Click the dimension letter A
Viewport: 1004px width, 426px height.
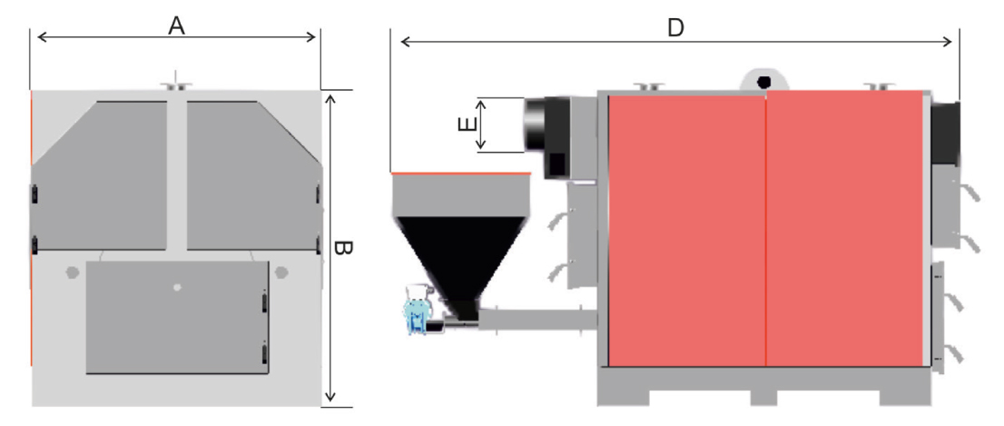tap(176, 25)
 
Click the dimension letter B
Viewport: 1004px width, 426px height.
tap(343, 248)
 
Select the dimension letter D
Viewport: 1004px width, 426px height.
tap(675, 27)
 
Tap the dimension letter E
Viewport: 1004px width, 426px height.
tap(468, 124)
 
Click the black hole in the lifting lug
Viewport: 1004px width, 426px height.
tap(763, 82)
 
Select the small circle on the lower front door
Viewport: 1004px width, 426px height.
tap(177, 287)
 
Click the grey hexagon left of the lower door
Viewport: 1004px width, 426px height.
tap(73, 272)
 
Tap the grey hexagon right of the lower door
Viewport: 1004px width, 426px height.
tap(281, 272)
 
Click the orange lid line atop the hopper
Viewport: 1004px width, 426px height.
tap(461, 173)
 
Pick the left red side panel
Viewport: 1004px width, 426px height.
tap(686, 229)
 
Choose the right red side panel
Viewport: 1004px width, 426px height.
tap(844, 229)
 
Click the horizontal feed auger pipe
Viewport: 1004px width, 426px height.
tap(537, 319)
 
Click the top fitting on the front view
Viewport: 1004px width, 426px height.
tap(177, 84)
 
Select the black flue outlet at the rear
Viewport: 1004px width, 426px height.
tap(945, 134)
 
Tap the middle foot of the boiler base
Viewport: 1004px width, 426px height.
tap(763, 397)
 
